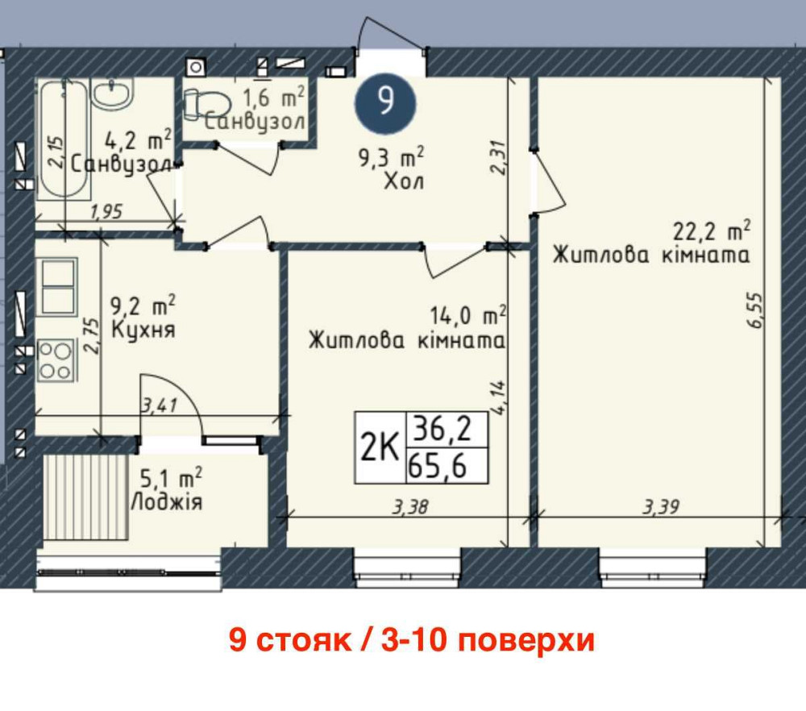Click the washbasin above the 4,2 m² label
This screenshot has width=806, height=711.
[x=110, y=94]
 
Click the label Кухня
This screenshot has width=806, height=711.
[x=143, y=331]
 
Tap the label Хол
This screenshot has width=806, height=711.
[x=403, y=182]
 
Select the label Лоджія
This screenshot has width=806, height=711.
[x=166, y=502]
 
